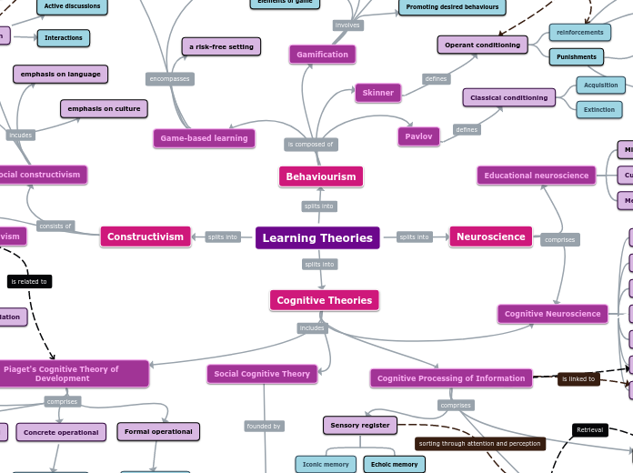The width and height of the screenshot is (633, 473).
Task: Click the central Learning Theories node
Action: pos(317,237)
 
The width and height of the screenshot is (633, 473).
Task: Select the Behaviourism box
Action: pos(320,176)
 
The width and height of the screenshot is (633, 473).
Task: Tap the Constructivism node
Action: pos(146,236)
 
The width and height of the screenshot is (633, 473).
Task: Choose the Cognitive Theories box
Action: pos(324,300)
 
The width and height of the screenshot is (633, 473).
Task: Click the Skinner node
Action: pos(377,93)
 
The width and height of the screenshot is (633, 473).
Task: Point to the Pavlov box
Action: pos(418,136)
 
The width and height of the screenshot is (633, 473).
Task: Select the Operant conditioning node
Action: pos(482,45)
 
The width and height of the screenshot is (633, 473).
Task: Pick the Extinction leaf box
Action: pos(599,109)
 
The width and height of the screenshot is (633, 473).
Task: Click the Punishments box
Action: pos(577,57)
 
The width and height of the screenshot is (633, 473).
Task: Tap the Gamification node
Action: pos(322,55)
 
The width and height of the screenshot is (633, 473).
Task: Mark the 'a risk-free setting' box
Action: pos(221,46)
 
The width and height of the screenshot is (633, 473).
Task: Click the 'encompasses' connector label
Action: pos(170,79)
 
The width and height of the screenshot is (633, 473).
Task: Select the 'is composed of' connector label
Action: pos(311,144)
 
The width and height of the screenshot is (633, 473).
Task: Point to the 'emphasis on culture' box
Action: pos(104,109)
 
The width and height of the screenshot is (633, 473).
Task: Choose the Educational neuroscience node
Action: pos(536,176)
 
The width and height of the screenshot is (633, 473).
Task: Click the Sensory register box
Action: pos(359,425)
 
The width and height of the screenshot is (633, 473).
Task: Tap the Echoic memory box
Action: pos(394,464)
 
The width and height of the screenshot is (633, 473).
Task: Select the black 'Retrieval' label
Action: pos(589,429)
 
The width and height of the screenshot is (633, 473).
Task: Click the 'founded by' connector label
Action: pos(264,426)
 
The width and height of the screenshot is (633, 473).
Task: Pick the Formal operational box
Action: pos(158,431)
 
